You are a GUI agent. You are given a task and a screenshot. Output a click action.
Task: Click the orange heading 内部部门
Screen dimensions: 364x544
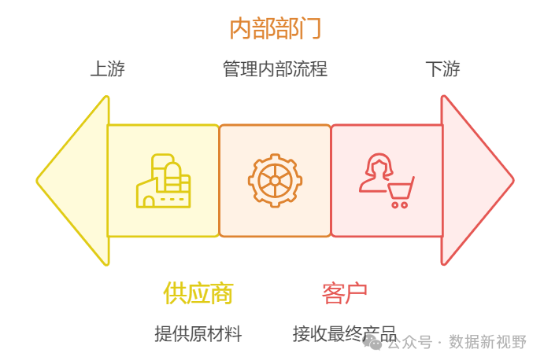(275, 28)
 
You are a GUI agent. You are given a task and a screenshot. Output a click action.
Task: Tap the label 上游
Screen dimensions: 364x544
(107, 69)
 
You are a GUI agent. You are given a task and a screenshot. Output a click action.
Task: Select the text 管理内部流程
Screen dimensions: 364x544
(275, 69)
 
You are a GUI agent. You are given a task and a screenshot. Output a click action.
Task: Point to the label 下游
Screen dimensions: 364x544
(442, 69)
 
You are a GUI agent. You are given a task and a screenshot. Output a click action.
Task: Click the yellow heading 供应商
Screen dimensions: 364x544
(198, 293)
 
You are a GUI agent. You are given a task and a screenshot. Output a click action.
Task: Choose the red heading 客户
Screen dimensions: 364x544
(344, 293)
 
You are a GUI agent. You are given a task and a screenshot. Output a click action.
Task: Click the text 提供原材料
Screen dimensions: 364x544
(198, 334)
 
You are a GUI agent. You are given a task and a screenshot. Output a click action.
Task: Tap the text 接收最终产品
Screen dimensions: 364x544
(344, 334)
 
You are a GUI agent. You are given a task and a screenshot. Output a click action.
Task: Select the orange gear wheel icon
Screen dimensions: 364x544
(275, 181)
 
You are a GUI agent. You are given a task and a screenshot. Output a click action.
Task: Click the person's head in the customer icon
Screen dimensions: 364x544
(378, 167)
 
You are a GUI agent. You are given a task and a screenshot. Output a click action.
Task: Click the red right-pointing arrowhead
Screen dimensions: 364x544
(476, 181)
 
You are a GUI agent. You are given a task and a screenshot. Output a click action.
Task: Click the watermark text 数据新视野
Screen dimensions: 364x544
(487, 342)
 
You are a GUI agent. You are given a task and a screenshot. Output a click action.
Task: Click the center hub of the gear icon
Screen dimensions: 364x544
(275, 181)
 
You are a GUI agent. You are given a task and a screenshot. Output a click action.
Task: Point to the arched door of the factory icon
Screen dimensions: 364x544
(149, 201)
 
